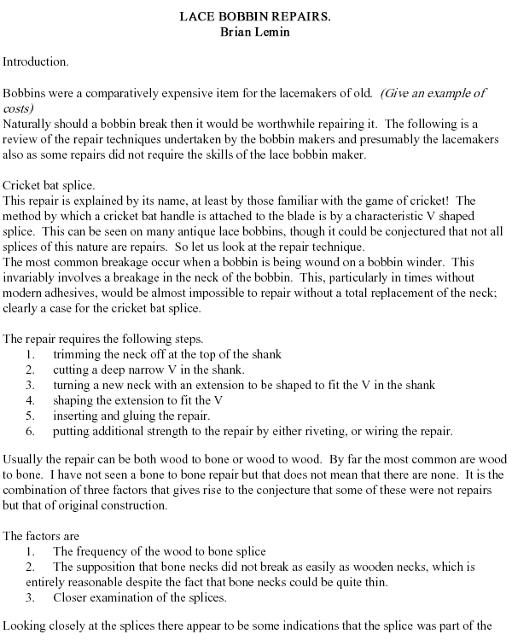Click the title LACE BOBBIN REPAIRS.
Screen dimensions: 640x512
[256, 16]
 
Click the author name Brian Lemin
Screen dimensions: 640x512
[256, 32]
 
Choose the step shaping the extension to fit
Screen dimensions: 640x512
[137, 400]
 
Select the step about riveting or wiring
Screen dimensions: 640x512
[252, 431]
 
